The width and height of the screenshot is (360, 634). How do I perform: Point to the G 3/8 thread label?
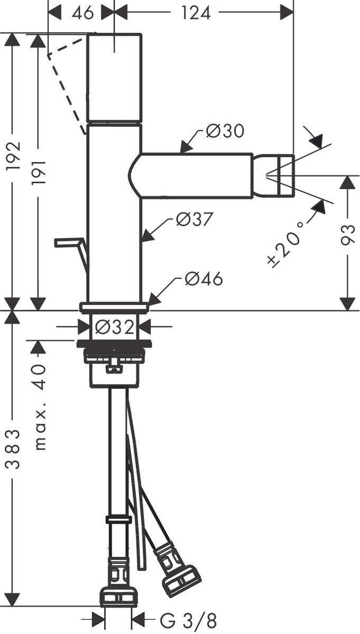point(188,619)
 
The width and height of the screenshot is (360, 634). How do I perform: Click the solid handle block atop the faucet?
point(114,78)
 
